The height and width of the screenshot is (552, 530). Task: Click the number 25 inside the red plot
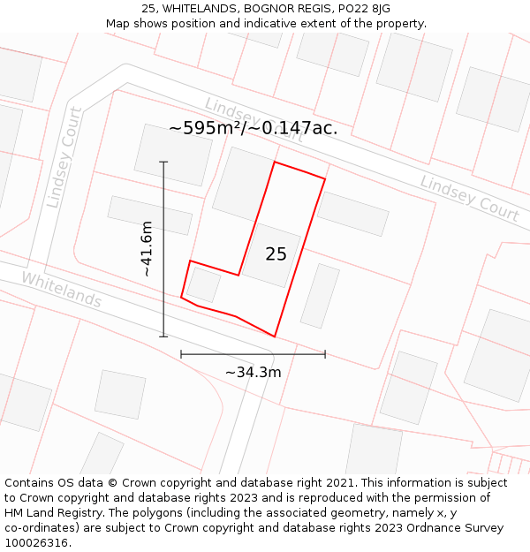(x=276, y=254)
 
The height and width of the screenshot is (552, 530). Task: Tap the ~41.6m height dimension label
(x=147, y=249)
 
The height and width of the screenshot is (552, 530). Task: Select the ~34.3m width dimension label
(x=253, y=373)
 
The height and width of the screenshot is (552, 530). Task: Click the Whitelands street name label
(x=61, y=290)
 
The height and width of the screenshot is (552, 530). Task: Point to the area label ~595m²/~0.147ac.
(x=253, y=128)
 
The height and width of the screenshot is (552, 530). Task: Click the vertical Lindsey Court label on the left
(x=64, y=158)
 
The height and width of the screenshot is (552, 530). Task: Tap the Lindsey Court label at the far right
(x=469, y=198)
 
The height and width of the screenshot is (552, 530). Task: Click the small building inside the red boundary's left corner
(x=203, y=284)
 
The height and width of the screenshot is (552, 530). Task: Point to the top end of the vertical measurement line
(x=163, y=162)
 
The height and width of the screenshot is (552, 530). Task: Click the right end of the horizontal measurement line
(x=325, y=354)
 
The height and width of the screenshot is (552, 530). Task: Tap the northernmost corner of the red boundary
(x=275, y=163)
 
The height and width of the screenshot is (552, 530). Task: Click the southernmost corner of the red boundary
(x=275, y=336)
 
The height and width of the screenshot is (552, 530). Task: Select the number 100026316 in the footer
(x=37, y=542)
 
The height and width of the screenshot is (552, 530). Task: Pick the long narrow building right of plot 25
(x=320, y=296)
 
